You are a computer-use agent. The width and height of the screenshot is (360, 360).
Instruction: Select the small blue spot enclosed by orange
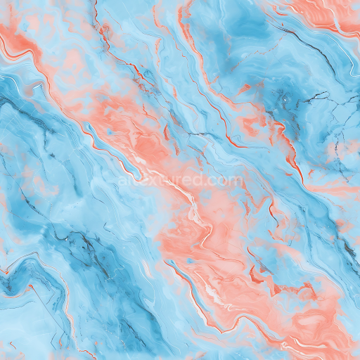click(189, 261)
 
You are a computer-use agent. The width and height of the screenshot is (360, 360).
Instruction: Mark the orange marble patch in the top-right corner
click(330, 11)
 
